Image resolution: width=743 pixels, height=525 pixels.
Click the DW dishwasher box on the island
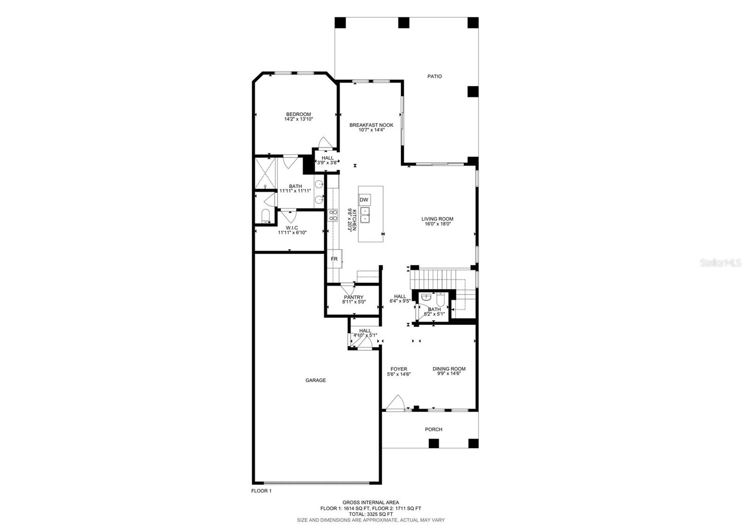pos(365,200)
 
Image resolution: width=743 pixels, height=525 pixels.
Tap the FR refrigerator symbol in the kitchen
pos(334,259)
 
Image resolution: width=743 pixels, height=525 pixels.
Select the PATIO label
pos(435,76)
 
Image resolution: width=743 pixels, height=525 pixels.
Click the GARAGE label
pos(315,380)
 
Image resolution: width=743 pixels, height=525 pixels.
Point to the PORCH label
pos(433,429)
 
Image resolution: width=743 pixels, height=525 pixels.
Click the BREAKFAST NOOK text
pos(371,125)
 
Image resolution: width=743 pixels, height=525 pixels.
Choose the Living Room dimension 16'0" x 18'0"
pos(437,224)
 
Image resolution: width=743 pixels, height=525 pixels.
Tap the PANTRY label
pos(354,297)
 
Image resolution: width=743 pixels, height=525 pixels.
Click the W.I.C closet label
pos(292,228)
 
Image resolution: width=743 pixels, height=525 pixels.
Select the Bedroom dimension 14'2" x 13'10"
pos(299,119)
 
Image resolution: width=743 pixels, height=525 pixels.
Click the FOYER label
pos(398,369)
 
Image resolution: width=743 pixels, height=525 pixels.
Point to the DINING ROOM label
pos(449,369)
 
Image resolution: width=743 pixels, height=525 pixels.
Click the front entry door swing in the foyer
pos(396,403)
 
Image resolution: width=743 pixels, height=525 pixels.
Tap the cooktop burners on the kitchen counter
pos(333,215)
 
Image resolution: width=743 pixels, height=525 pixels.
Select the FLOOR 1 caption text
pos(261,491)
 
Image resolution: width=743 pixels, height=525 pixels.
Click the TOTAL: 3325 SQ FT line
pos(371,514)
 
